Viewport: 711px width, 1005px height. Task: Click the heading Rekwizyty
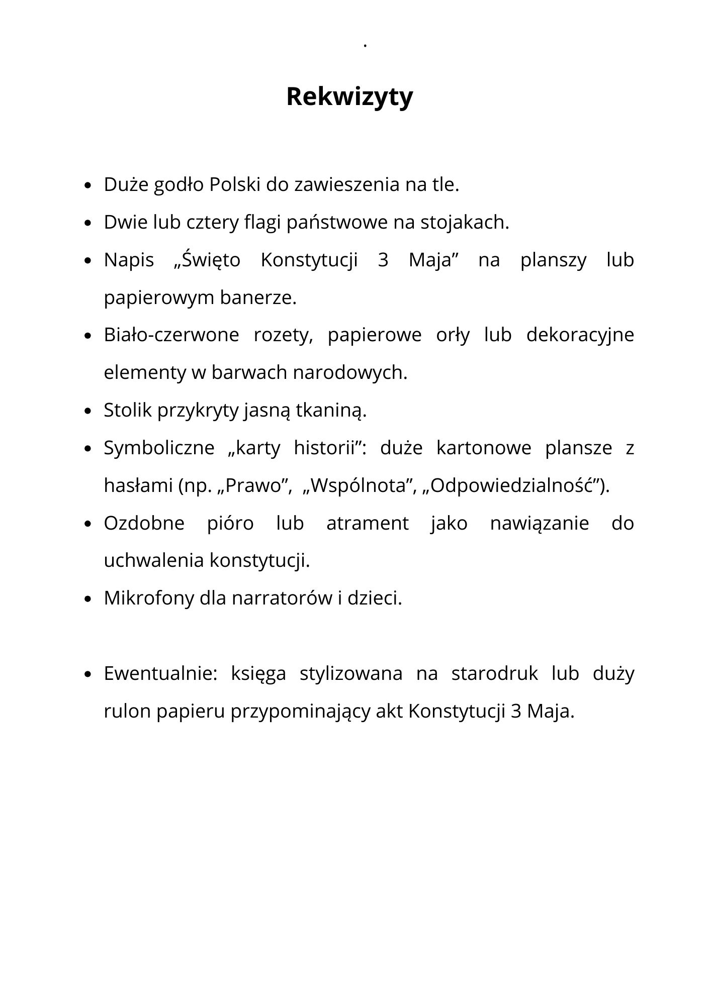coord(349,96)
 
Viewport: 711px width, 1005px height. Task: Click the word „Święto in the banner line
coord(207,260)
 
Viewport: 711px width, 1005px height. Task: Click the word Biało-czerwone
coord(171,335)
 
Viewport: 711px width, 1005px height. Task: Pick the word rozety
coord(283,335)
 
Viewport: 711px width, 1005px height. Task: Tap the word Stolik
coord(128,410)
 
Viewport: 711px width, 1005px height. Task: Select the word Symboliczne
coord(159,448)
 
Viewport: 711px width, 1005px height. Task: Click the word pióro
coord(230,523)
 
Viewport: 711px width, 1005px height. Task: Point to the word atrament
coord(368,523)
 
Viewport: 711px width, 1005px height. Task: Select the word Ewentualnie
coord(160,673)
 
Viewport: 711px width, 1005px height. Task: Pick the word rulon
coord(127,711)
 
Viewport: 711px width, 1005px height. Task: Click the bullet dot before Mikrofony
coord(88,599)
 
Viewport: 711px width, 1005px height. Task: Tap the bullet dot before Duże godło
coord(88,185)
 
